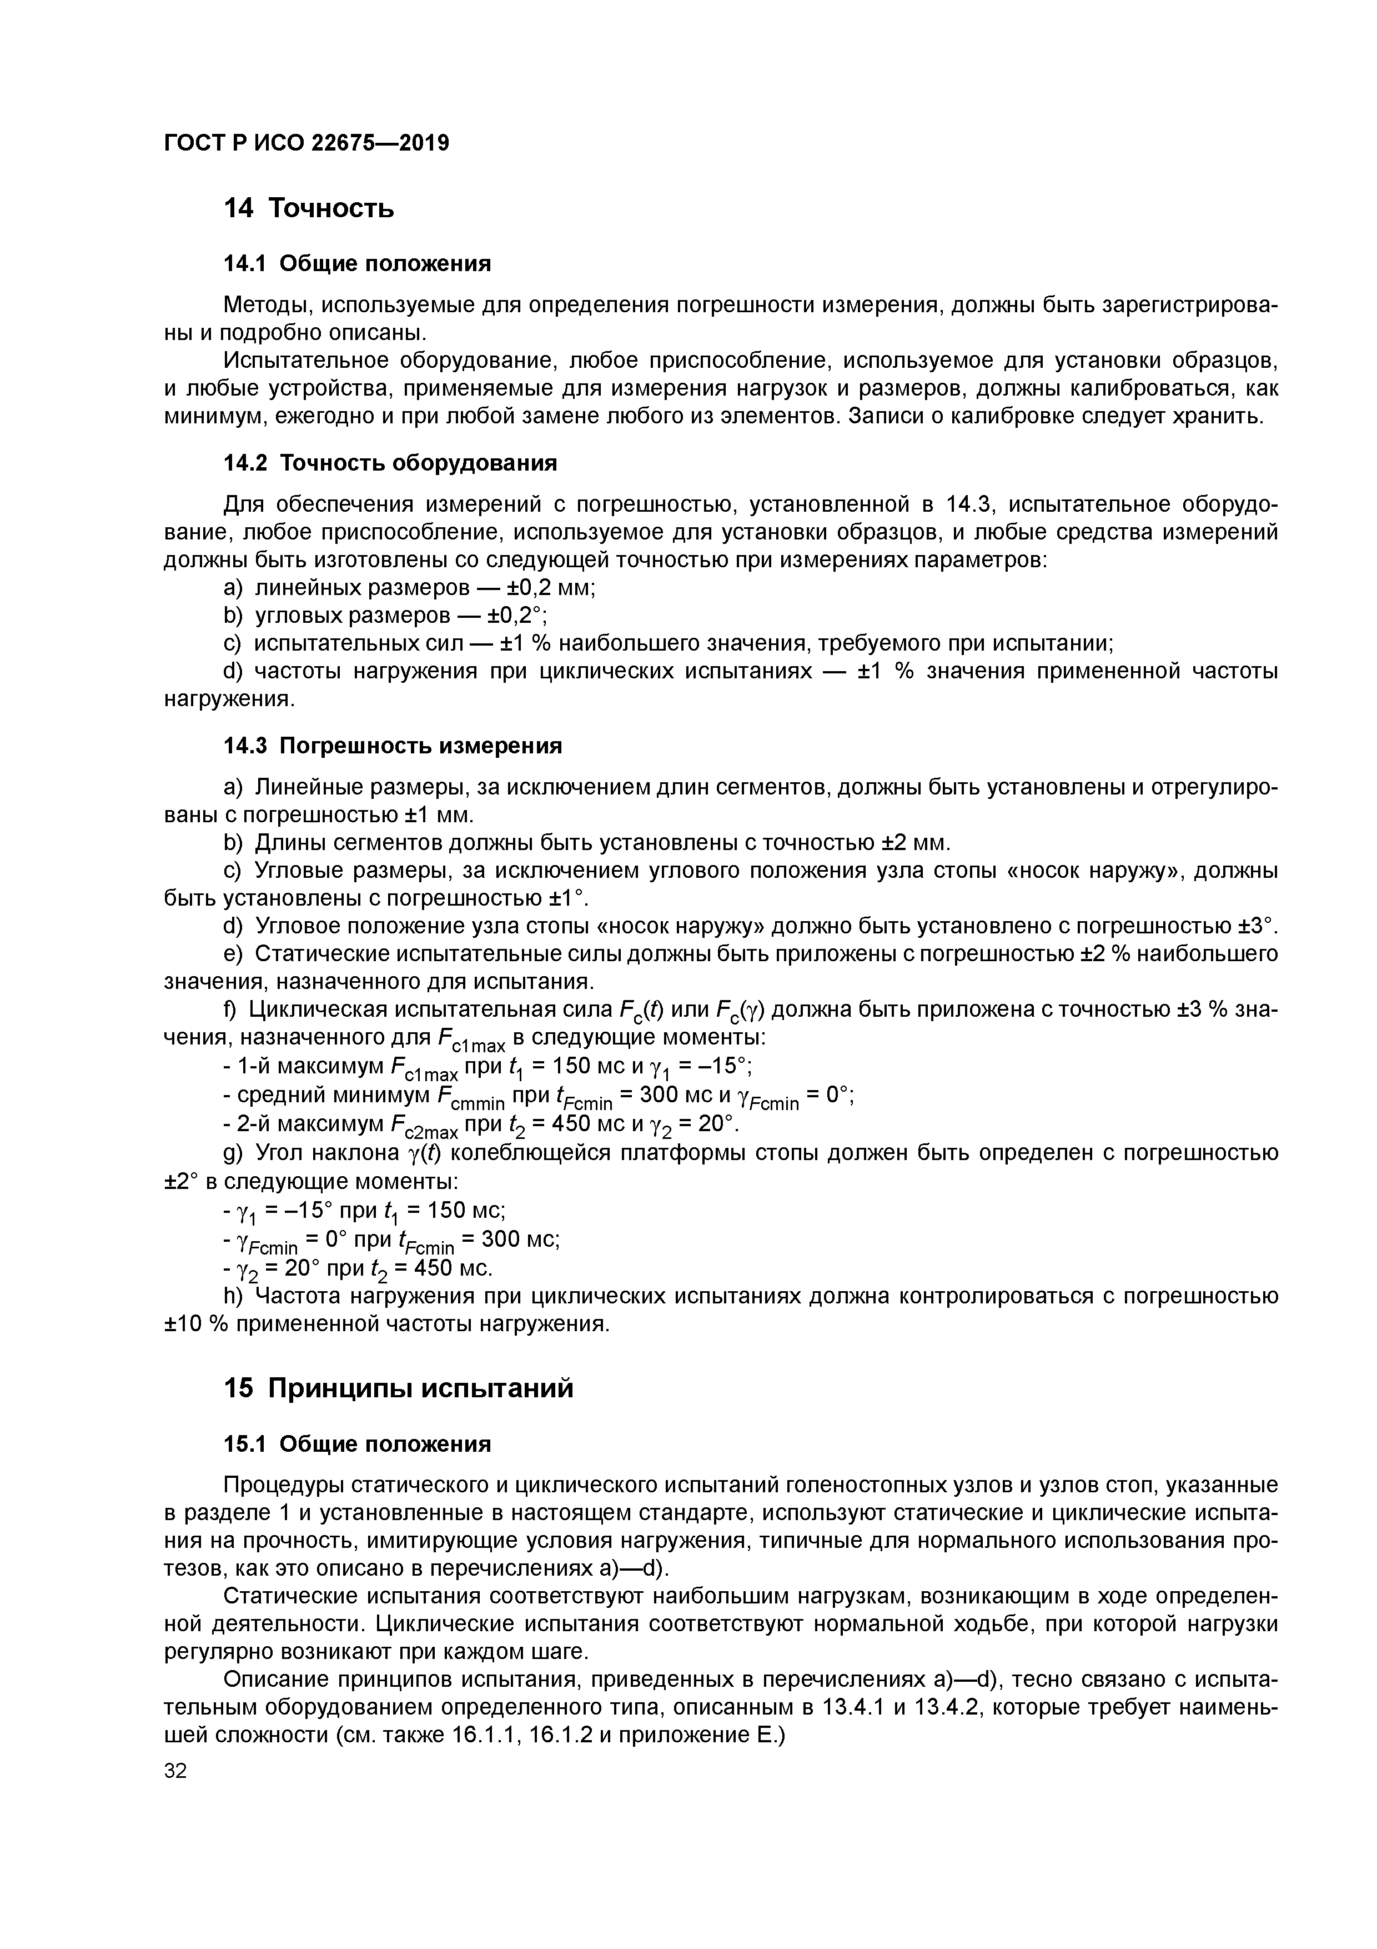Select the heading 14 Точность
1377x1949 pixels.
(308, 208)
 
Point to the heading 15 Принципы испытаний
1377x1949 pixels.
(398, 1388)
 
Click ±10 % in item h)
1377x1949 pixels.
(195, 1324)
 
